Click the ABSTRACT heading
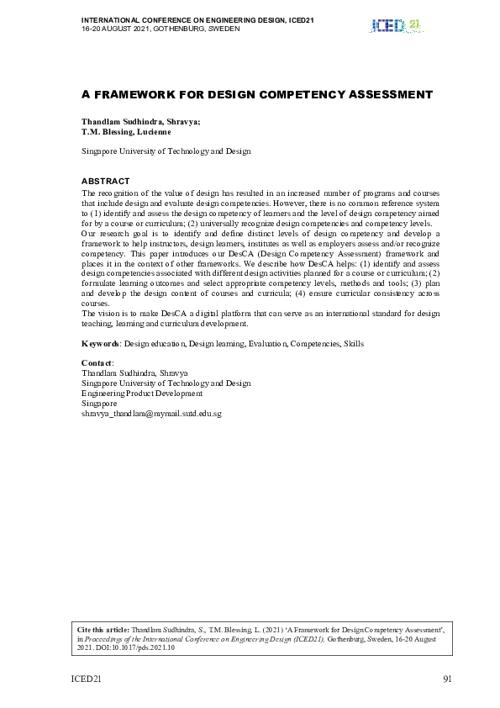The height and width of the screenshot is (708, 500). point(105,182)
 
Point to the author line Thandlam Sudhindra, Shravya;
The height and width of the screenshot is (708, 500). point(140,122)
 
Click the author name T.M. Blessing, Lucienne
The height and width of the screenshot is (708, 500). point(126,131)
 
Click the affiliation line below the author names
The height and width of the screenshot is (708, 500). point(166,151)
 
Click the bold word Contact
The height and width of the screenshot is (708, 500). point(96,363)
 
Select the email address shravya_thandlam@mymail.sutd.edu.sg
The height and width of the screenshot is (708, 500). point(151,414)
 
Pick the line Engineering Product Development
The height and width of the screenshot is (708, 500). point(141,394)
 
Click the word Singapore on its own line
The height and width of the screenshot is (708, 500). point(99,404)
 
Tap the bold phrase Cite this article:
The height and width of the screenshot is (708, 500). point(103,629)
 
